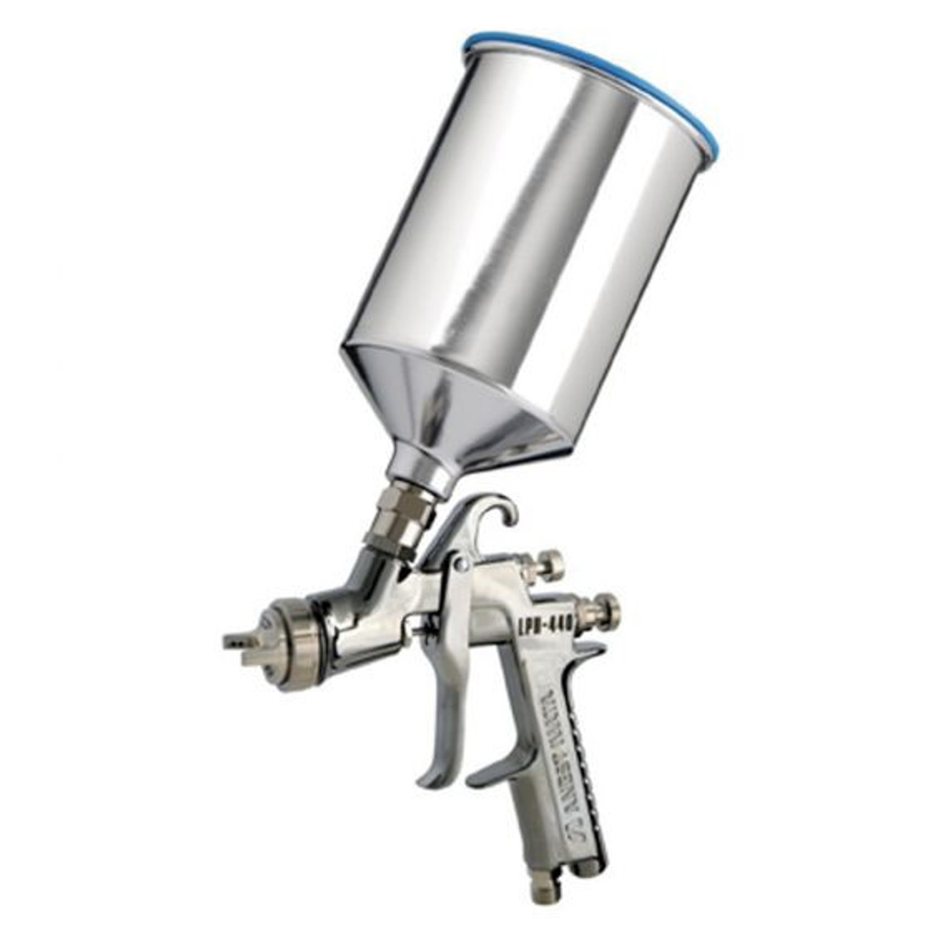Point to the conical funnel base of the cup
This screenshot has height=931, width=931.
[444, 407]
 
